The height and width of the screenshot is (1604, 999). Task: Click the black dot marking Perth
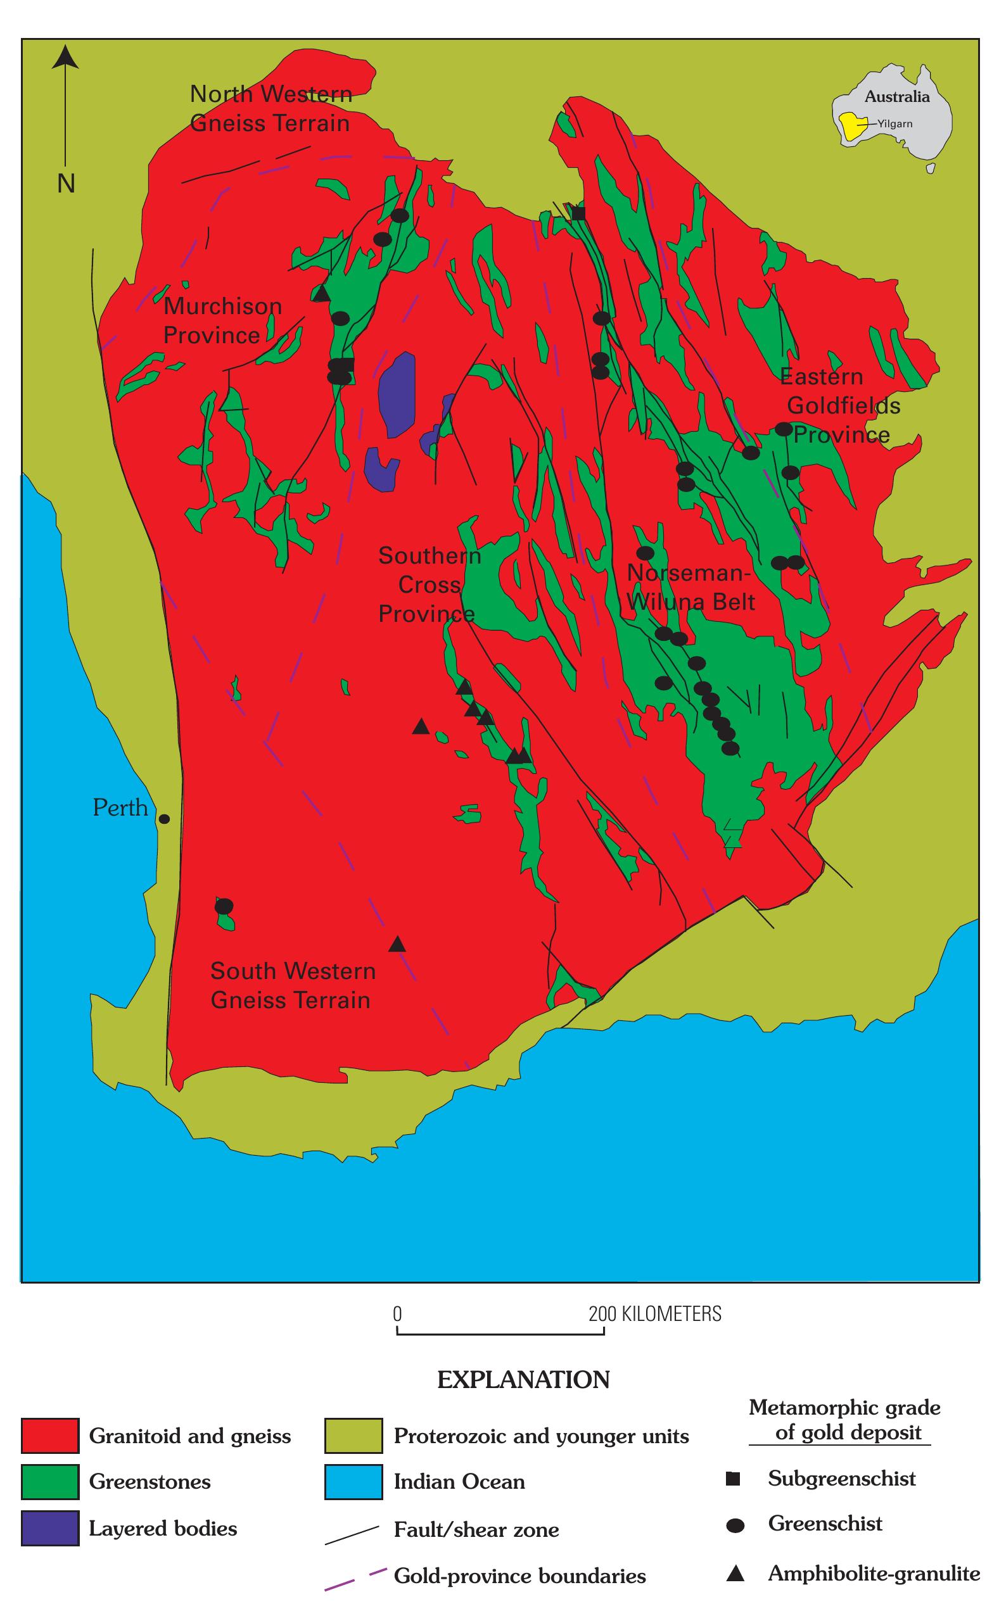coord(165,819)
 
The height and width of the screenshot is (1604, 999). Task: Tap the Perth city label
coord(120,807)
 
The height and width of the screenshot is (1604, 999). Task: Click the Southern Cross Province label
coord(428,584)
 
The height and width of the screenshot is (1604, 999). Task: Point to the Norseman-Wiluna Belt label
coord(689,587)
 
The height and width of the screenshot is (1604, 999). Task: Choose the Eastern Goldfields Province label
coord(839,405)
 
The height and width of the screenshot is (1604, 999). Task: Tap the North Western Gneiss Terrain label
coord(270,108)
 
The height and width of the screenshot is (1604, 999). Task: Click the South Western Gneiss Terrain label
coord(292,985)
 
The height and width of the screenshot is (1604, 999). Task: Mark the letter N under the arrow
coord(65,183)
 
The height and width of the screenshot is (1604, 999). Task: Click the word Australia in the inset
coord(896,96)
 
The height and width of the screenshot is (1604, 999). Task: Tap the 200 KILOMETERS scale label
coord(655,1313)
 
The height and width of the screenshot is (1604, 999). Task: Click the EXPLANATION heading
coord(523,1379)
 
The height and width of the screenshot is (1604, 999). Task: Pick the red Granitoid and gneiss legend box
coord(49,1436)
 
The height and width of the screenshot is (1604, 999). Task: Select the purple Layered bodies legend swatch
coord(49,1528)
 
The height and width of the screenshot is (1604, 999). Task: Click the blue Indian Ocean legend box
coord(353,1482)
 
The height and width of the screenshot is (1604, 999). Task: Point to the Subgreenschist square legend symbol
coord(733,1478)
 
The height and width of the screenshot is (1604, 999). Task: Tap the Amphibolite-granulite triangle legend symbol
coord(735,1574)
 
